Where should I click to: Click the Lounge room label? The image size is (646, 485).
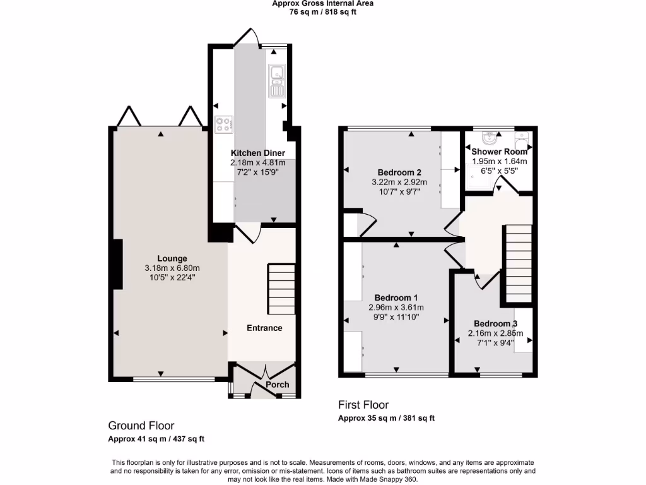pyautogui.click(x=172, y=258)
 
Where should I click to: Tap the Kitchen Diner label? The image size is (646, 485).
pyautogui.click(x=257, y=153)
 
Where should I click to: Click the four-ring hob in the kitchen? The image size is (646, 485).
pyautogui.click(x=223, y=125)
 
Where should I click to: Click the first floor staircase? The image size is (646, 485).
pyautogui.click(x=517, y=264)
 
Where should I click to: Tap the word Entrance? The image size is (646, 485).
pyautogui.click(x=264, y=328)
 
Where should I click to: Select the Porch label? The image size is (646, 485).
pyautogui.click(x=278, y=385)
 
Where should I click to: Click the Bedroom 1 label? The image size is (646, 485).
pyautogui.click(x=396, y=297)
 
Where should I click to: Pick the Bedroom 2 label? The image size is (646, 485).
pyautogui.click(x=399, y=172)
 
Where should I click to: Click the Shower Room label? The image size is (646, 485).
pyautogui.click(x=499, y=152)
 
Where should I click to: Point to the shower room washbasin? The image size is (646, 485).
pyautogui.click(x=490, y=138)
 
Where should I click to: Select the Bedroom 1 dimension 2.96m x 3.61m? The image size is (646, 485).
pyautogui.click(x=396, y=308)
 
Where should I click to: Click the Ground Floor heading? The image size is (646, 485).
pyautogui.click(x=141, y=426)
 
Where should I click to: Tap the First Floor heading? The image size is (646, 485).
pyautogui.click(x=363, y=405)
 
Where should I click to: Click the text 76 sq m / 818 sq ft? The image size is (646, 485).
pyautogui.click(x=322, y=12)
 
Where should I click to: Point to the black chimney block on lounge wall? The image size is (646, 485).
pyautogui.click(x=117, y=264)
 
